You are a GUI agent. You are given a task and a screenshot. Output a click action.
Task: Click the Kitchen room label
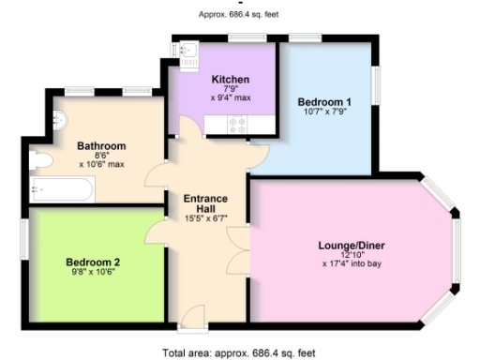[229, 79]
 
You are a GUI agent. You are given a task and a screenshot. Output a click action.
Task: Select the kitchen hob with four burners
[238, 121]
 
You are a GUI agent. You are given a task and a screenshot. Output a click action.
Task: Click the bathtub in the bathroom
[61, 190]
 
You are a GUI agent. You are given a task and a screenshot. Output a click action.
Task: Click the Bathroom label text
[101, 146]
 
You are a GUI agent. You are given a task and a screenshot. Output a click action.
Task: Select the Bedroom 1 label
[324, 101]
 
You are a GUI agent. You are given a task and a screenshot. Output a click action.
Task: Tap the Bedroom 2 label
[92, 262]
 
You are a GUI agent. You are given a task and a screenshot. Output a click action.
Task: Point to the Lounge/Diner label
[352, 246]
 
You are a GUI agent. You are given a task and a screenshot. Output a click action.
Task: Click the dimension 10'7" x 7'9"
[324, 114]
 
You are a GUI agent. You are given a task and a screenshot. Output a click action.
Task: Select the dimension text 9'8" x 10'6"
[92, 275]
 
